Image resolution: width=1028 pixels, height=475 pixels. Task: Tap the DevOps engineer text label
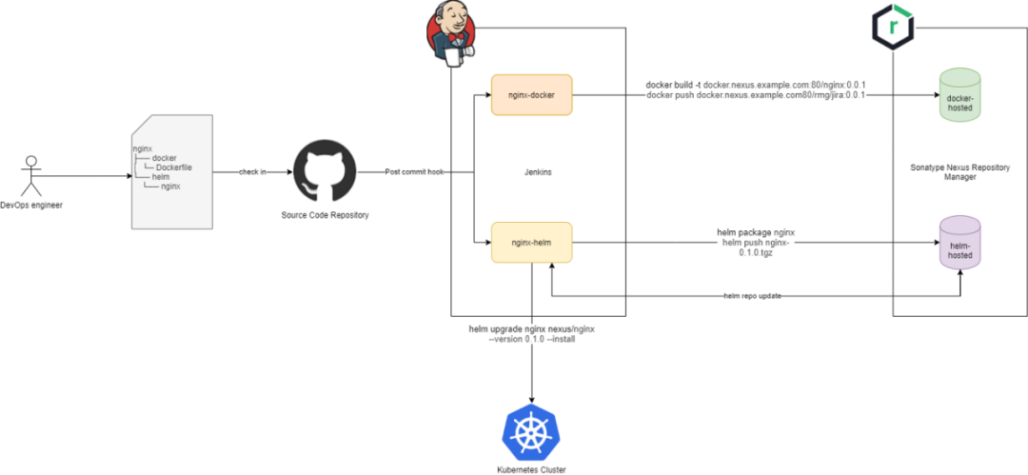click(x=32, y=206)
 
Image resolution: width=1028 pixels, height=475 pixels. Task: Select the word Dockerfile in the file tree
click(x=174, y=168)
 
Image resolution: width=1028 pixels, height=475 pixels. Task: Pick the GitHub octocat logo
click(x=325, y=171)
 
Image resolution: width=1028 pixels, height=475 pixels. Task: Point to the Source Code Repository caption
click(x=325, y=215)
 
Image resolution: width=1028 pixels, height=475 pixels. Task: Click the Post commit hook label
click(x=415, y=172)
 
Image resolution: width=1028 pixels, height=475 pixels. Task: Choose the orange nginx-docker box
click(x=531, y=95)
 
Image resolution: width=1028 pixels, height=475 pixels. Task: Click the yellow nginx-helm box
click(x=531, y=243)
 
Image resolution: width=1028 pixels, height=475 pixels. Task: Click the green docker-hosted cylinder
click(x=959, y=95)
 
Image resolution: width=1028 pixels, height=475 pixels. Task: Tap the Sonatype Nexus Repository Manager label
click(x=960, y=171)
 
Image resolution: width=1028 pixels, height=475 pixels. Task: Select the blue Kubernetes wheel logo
click(x=530, y=430)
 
